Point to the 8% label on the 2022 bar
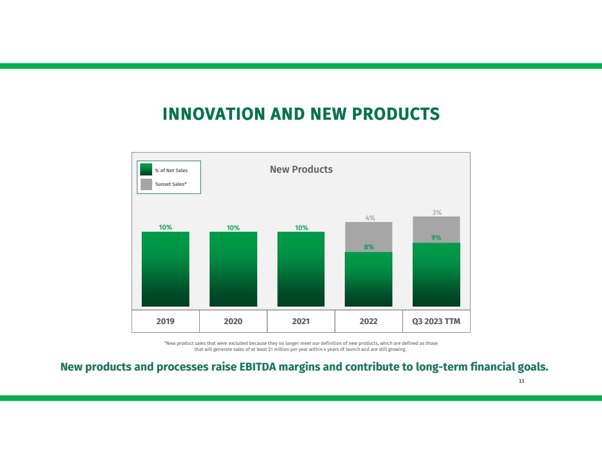(x=369, y=247)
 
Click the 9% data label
(x=436, y=238)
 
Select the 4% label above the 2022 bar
(x=370, y=218)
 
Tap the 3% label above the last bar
(x=437, y=212)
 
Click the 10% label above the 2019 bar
(x=165, y=227)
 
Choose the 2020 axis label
(x=233, y=321)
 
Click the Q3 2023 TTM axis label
(x=436, y=321)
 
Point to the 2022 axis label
(x=368, y=321)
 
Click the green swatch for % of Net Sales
(x=146, y=170)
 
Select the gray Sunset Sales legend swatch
(x=146, y=184)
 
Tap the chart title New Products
(x=301, y=169)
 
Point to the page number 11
(x=522, y=380)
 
